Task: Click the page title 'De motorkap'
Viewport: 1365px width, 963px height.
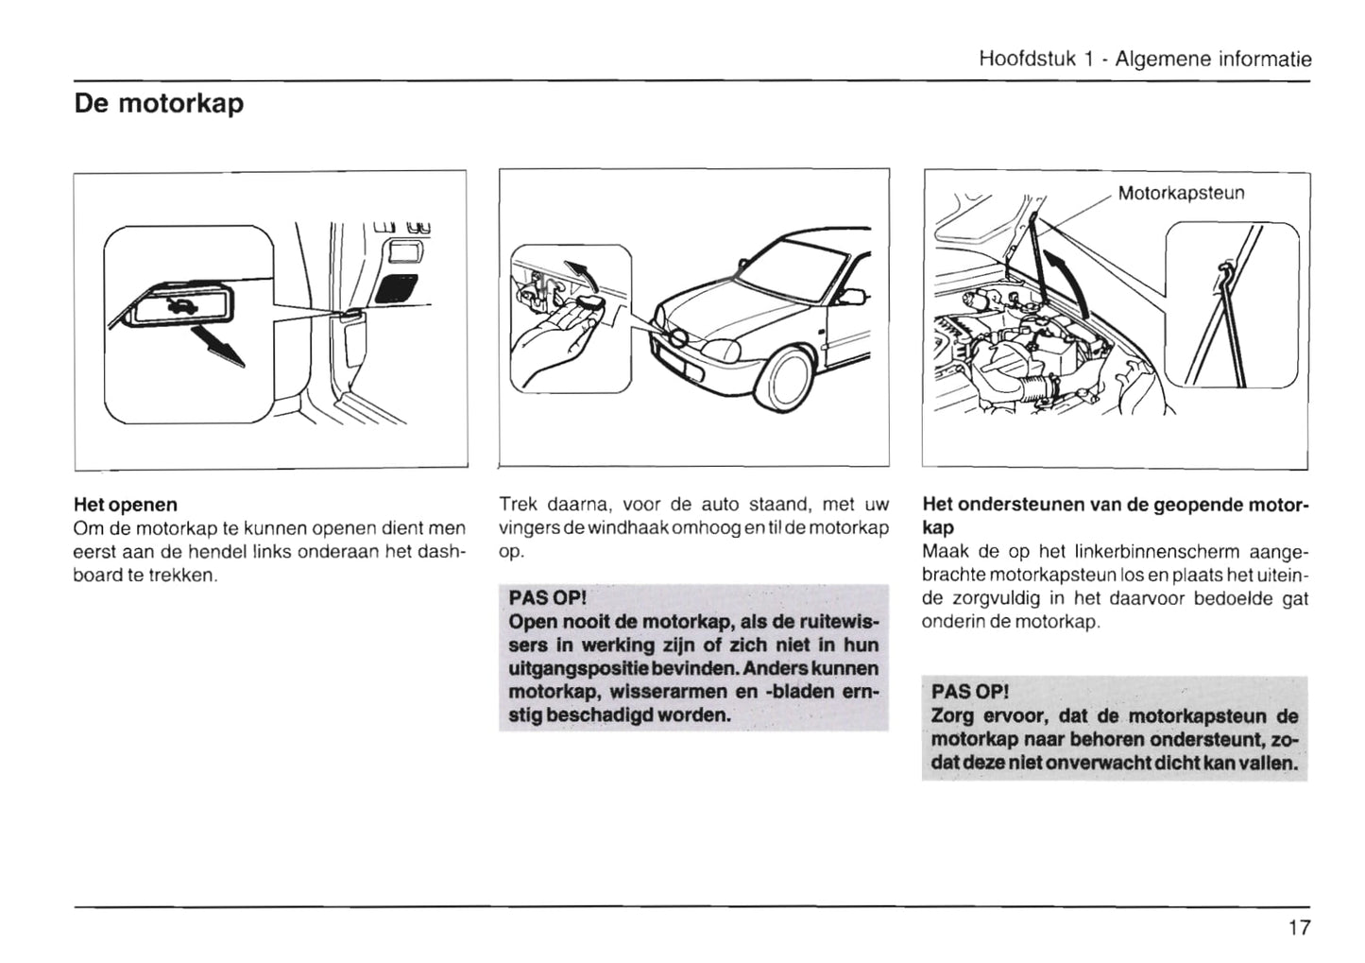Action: pyautogui.click(x=159, y=103)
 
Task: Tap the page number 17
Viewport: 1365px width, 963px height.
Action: pyautogui.click(x=1299, y=927)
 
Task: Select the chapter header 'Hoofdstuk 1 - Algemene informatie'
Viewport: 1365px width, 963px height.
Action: pyautogui.click(x=1145, y=59)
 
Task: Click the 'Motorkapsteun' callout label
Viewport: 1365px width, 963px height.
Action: pyautogui.click(x=1181, y=194)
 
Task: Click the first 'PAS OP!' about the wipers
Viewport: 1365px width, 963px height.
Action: pyautogui.click(x=547, y=599)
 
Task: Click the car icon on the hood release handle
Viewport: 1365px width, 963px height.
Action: pyautogui.click(x=177, y=303)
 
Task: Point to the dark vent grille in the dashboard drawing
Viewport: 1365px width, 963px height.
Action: pyautogui.click(x=398, y=287)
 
